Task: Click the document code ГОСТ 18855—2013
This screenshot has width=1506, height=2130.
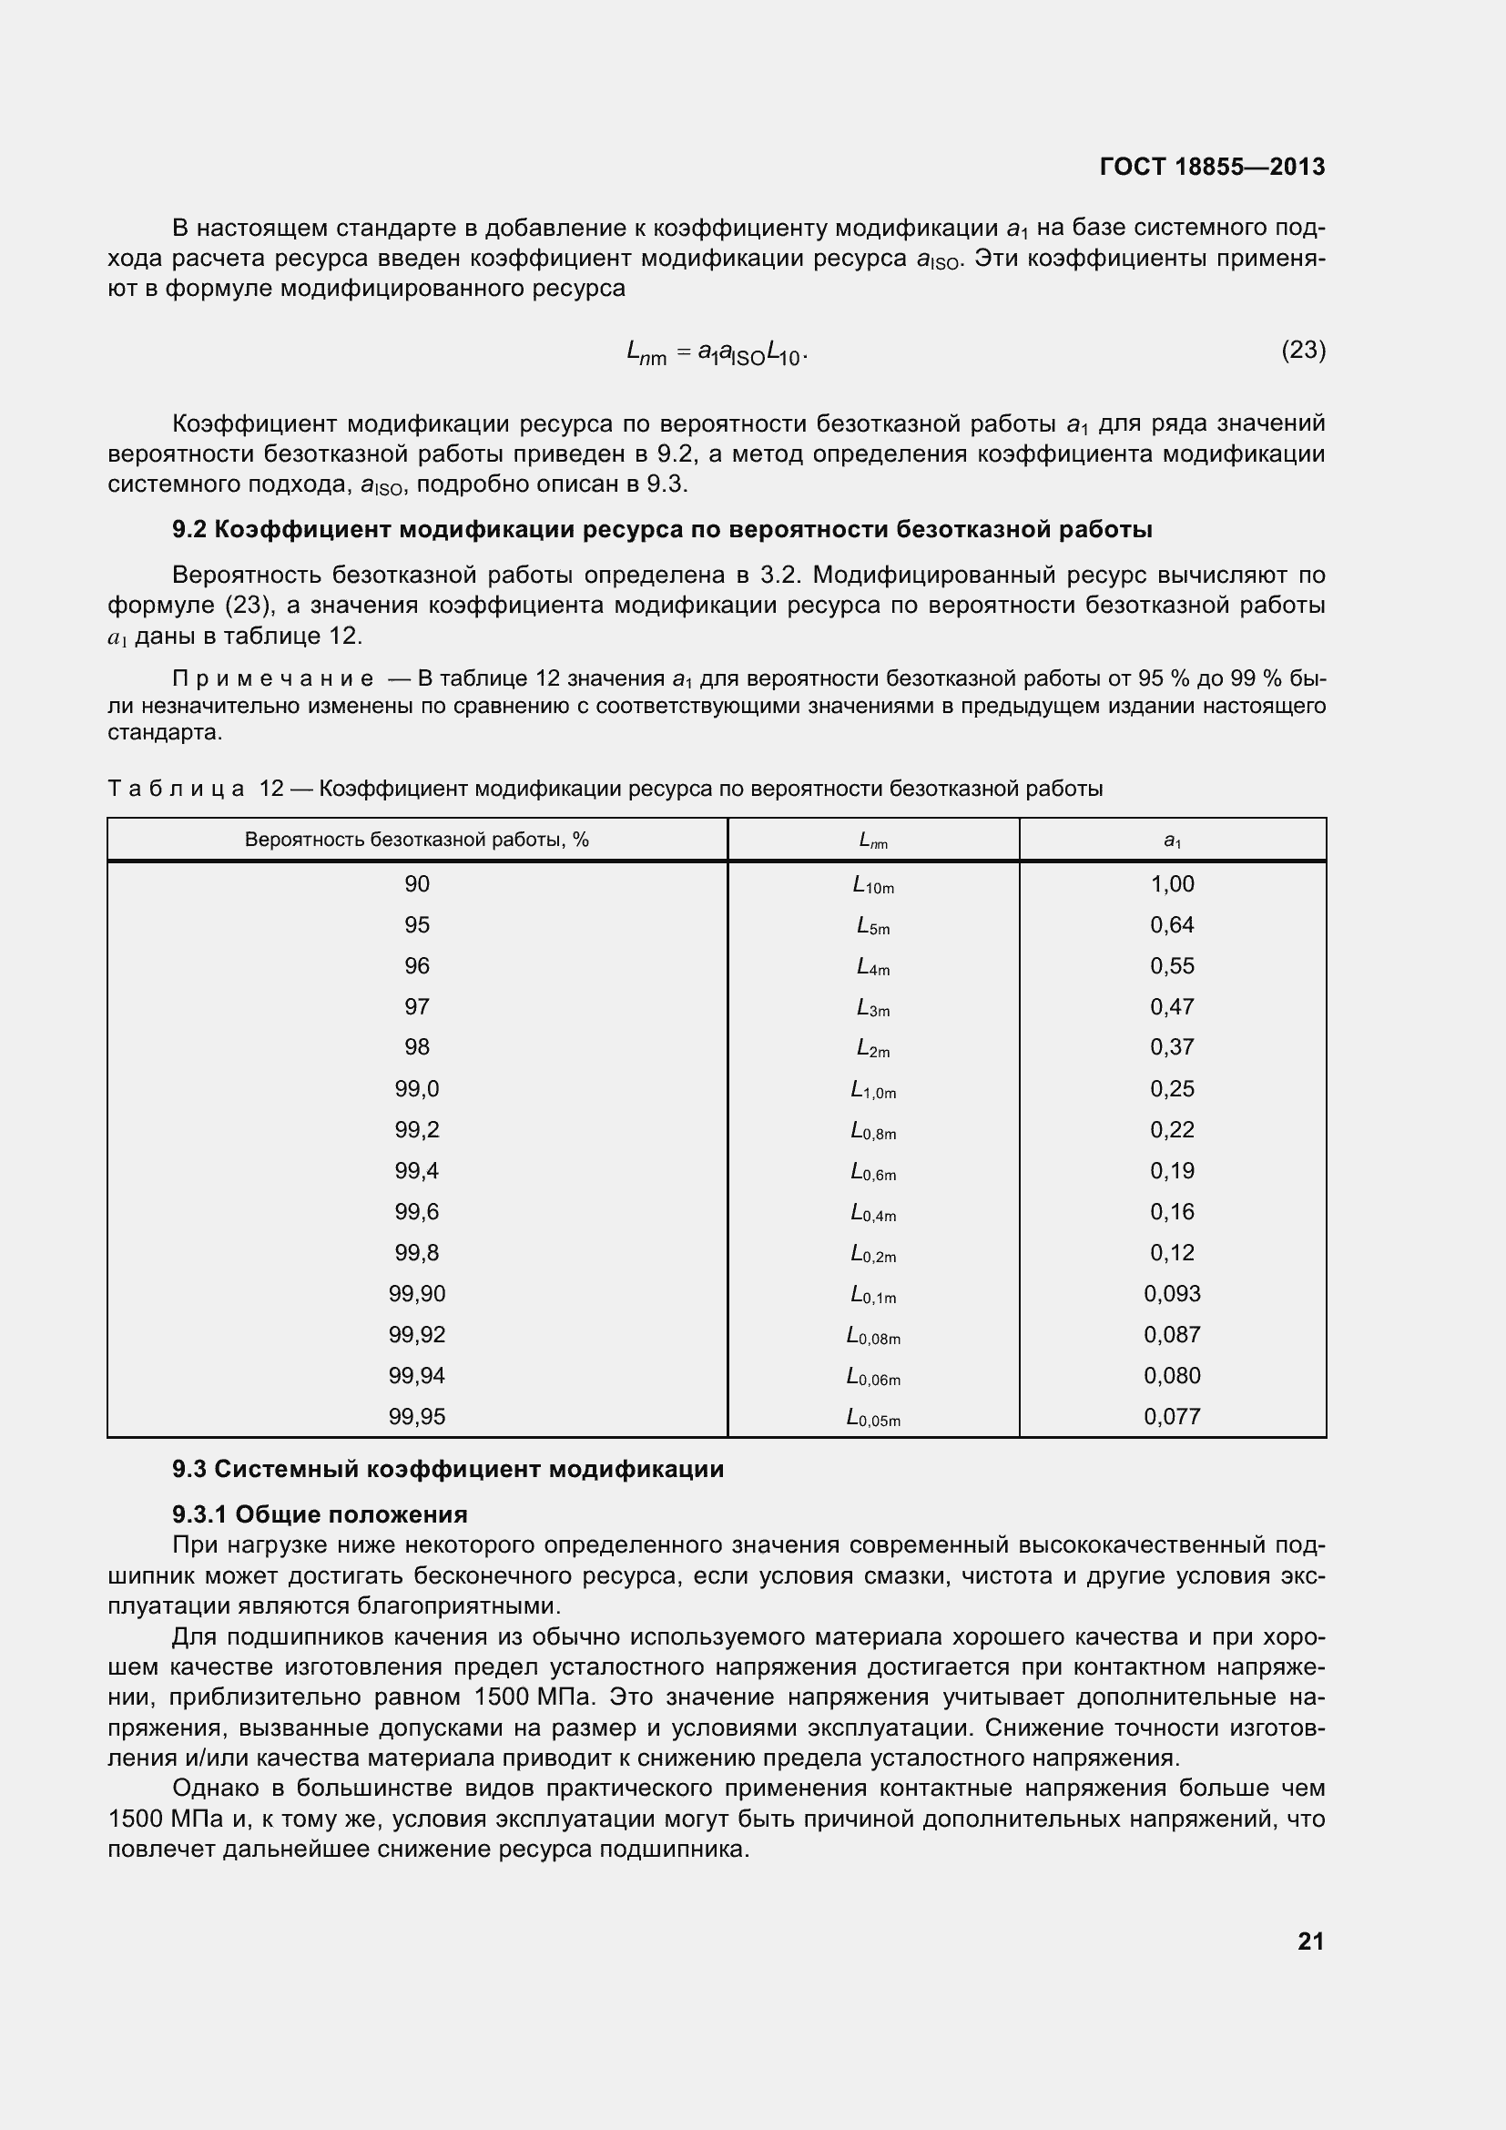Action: [x=1211, y=167]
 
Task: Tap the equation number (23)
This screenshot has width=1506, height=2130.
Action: [x=1303, y=350]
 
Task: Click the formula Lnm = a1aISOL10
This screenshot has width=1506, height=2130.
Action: [x=716, y=352]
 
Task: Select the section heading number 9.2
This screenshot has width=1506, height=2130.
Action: [x=189, y=530]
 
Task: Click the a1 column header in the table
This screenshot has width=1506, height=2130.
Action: [x=1172, y=841]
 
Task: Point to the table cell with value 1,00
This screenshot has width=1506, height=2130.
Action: [x=1172, y=884]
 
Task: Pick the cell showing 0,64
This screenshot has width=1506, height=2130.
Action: [x=1172, y=925]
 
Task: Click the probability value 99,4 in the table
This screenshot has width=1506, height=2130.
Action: [x=416, y=1171]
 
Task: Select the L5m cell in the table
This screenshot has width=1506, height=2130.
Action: [x=872, y=926]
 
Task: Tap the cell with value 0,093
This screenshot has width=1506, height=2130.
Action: [x=1172, y=1293]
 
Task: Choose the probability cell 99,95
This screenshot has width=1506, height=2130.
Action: [x=416, y=1417]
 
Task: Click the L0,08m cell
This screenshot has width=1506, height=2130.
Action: [x=872, y=1336]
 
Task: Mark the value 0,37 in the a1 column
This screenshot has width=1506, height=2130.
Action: [x=1172, y=1047]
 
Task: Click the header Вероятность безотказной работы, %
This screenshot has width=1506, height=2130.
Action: [x=416, y=841]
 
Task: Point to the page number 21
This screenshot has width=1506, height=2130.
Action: [x=1310, y=1941]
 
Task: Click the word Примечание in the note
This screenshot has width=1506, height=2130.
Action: [x=273, y=679]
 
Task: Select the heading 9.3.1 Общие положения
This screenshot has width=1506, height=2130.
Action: [x=319, y=1514]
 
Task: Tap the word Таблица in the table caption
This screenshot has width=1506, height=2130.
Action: [x=177, y=789]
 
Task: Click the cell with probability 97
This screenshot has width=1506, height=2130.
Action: [x=416, y=1006]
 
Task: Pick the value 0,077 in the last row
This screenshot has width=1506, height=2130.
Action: [x=1172, y=1417]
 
